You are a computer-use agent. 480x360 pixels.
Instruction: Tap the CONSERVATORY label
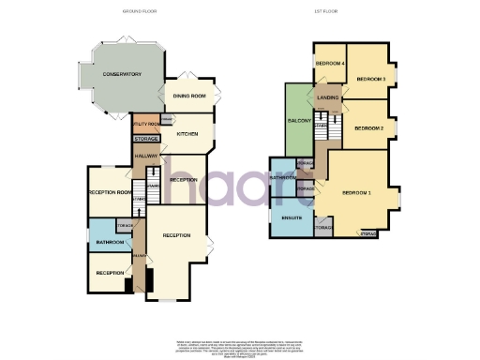click(x=122, y=74)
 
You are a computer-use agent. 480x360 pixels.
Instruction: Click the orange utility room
click(x=145, y=124)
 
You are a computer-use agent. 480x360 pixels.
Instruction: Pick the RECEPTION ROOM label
click(x=109, y=192)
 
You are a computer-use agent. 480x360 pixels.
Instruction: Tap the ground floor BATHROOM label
click(x=111, y=241)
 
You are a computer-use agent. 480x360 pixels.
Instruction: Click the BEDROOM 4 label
click(x=330, y=63)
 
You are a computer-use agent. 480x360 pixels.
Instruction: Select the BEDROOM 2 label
click(x=368, y=127)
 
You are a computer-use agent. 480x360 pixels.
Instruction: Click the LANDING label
click(x=328, y=97)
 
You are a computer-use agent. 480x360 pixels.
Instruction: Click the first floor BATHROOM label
click(x=283, y=177)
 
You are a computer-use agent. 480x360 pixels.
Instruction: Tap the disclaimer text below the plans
click(x=239, y=346)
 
